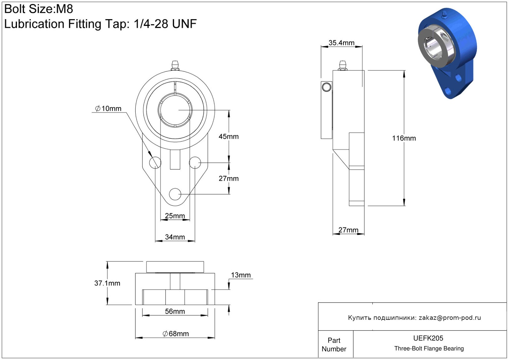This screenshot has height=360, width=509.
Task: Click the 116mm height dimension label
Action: [404, 138]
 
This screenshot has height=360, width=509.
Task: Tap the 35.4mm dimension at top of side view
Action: [341, 43]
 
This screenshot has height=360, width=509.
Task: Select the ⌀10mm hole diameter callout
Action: [108, 108]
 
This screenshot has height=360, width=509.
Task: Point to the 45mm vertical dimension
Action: [229, 136]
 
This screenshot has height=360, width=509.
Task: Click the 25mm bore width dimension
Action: [175, 215]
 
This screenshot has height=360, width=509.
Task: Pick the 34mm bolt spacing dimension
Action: [175, 237]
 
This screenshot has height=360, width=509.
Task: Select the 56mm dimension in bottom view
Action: [175, 311]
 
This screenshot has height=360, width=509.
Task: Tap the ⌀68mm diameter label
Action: [176, 334]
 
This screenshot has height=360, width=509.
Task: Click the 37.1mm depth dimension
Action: [107, 283]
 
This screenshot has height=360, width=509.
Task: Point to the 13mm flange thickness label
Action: [241, 275]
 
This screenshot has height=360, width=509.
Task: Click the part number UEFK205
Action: [428, 338]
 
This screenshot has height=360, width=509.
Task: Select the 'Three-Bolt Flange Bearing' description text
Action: [429, 348]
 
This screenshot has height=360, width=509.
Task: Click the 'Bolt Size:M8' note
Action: [39, 9]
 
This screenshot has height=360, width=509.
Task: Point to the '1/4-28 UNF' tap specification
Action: [165, 24]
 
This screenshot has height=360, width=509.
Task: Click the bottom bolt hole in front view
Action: [175, 194]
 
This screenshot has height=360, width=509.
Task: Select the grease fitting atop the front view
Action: [175, 66]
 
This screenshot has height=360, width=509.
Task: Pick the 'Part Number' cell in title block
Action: [334, 344]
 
